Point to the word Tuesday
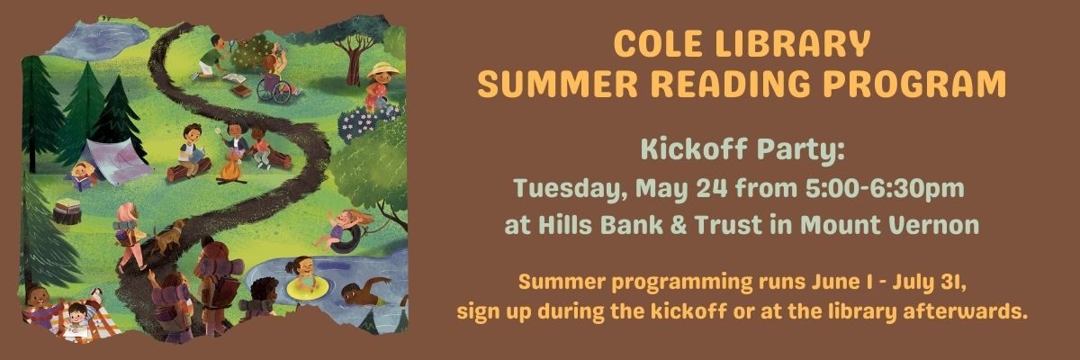pos(570,188)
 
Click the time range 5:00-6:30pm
pos(885,188)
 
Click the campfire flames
pos(231,169)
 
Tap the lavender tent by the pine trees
pos(118,160)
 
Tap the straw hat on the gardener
pos(382,70)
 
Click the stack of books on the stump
pos(67,206)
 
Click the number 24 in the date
pos(712,188)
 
